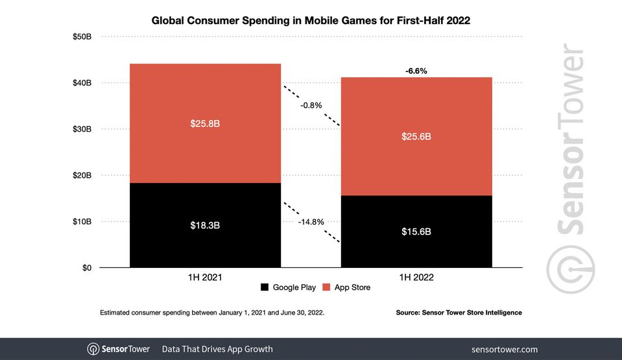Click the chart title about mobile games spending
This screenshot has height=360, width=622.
tap(311, 20)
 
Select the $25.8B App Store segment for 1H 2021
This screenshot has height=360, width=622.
tap(205, 123)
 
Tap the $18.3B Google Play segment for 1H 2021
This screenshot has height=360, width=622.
tap(205, 225)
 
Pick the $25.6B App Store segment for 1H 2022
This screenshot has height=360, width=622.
tap(416, 136)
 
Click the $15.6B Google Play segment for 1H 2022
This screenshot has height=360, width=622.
tap(416, 232)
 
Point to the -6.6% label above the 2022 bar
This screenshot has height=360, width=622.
tap(416, 71)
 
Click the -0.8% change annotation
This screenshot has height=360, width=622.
tap(311, 105)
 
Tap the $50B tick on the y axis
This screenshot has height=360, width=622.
tap(82, 37)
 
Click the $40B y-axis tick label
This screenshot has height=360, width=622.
tap(82, 83)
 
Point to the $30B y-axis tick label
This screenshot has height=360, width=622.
tap(82, 129)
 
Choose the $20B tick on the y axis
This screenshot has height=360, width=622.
tap(82, 175)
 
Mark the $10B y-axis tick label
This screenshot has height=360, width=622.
tap(82, 222)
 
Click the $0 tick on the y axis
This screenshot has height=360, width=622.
tap(86, 268)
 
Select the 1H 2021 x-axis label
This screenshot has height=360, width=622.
tap(205, 278)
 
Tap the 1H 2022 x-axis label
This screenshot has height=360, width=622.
tap(416, 278)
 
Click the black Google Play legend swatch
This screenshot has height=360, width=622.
tap(264, 287)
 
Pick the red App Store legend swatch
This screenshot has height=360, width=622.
tap(326, 287)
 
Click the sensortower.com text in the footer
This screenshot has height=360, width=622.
tap(504, 349)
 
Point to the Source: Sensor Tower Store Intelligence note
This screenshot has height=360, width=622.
tap(459, 313)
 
